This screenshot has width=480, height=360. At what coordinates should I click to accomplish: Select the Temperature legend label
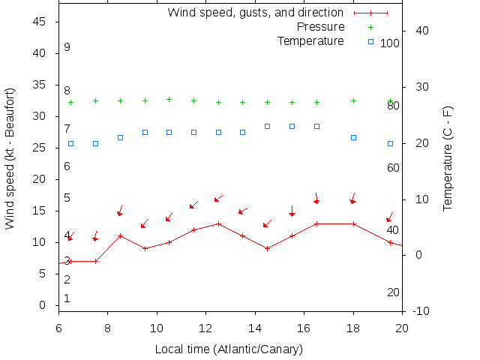[x=310, y=40]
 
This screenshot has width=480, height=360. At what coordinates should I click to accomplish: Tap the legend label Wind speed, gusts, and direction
[x=255, y=13]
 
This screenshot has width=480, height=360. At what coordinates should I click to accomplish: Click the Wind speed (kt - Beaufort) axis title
[x=10, y=161]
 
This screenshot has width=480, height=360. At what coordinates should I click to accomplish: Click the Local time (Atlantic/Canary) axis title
[x=229, y=349]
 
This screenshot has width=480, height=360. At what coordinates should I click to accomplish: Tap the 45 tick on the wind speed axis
[x=40, y=22]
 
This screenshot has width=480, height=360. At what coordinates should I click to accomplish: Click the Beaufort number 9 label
[x=67, y=47]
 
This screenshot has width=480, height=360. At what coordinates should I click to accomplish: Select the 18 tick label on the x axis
[x=353, y=328]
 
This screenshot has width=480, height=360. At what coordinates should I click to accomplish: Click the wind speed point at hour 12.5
[x=218, y=223]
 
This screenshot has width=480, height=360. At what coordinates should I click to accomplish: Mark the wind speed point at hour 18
[x=353, y=223]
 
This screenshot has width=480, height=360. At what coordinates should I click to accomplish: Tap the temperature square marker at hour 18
[x=353, y=138]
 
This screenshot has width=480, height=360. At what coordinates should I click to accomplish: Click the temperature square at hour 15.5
[x=292, y=126]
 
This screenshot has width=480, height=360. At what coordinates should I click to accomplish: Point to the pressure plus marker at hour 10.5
[x=169, y=99]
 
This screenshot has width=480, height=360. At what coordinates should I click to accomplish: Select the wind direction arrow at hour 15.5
[x=292, y=211]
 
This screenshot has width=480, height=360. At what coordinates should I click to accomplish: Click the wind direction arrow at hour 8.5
[x=120, y=211]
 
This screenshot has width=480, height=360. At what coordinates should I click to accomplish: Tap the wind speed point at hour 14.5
[x=267, y=248]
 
